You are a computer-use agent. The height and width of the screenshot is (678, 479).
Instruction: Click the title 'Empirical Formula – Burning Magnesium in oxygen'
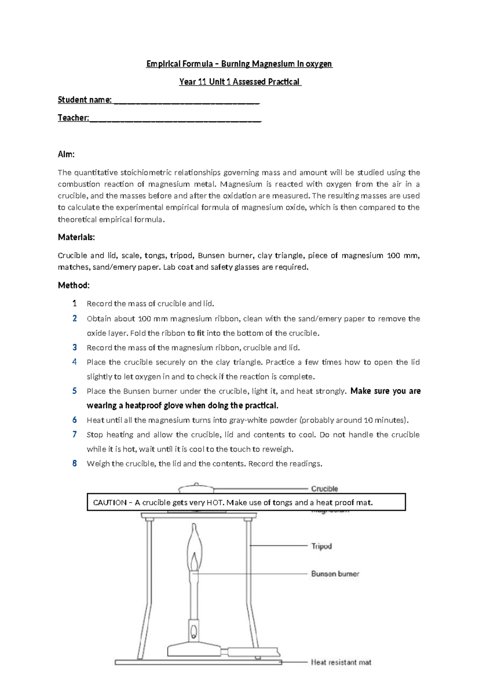pos(239,64)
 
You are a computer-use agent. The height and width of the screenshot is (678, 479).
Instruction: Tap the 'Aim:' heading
pos(66,154)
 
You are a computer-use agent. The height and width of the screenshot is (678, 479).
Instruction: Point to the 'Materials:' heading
pos(76,237)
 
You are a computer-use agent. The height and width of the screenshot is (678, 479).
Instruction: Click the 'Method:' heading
pos(74,285)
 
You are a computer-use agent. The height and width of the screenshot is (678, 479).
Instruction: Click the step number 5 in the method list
pos(75,391)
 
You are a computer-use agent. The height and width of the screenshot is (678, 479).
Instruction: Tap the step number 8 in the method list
pos(75,463)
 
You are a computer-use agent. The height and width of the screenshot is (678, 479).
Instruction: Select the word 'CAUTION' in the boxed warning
pos(110,503)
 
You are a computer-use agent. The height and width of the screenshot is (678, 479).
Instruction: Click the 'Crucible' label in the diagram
pos(324,489)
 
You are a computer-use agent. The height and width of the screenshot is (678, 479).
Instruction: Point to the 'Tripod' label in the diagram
pos(321,546)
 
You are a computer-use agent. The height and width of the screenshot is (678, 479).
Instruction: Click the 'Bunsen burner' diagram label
pos(335,574)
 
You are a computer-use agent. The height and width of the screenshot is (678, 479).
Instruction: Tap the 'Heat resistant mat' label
pos(341,662)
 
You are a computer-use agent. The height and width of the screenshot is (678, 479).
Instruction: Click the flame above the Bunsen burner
pos(194,548)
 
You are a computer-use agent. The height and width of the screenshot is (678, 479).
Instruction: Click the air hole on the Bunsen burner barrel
pos(194,631)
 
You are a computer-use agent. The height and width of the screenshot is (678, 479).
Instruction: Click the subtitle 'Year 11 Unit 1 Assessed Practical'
pos(240,82)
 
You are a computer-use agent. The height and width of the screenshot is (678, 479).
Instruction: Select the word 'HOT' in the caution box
pos(214,503)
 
